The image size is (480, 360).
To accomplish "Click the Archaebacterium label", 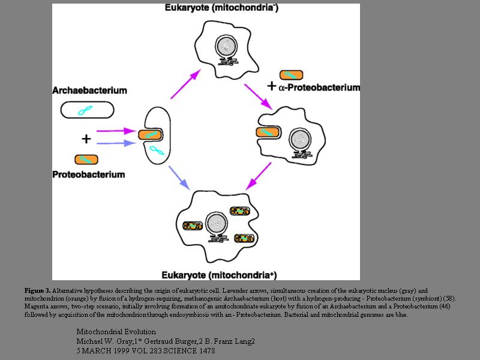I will coord(89,91).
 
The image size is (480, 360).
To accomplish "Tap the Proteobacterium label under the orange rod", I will coord(89,175).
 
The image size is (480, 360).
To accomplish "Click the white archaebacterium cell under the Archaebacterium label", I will coord(87,109).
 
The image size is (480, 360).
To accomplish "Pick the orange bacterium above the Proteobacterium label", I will coord(86,159).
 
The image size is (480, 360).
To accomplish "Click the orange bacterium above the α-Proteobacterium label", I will coord(291,75).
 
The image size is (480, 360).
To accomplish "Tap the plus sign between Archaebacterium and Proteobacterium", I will coord(86,139).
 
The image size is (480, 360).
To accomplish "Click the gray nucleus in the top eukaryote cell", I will coord(227,46).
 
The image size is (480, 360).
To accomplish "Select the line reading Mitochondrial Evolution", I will coord(116,332).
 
